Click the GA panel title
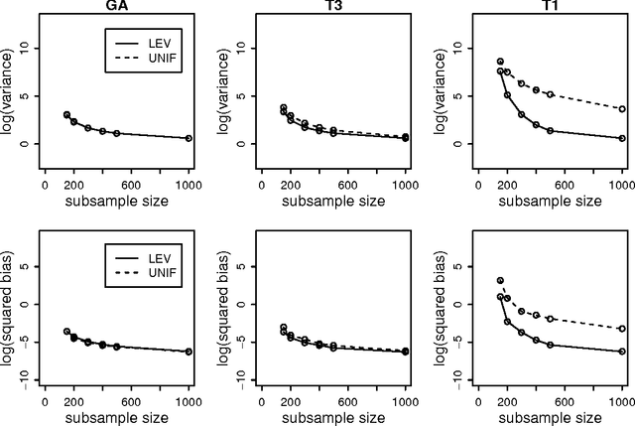coord(116,6)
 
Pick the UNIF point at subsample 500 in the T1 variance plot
coord(550,94)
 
